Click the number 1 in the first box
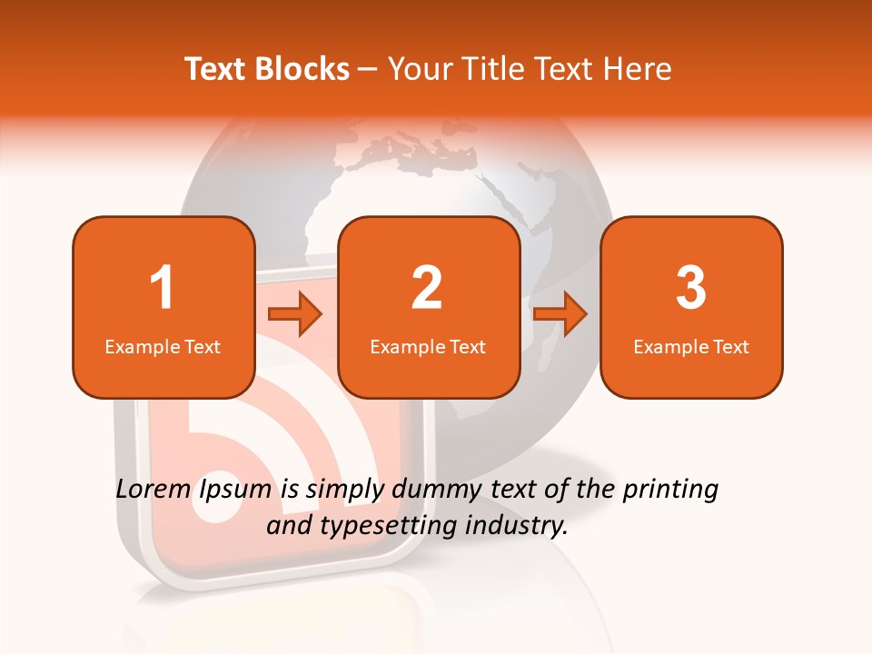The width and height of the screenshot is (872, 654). (162, 288)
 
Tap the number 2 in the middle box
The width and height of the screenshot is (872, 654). (427, 288)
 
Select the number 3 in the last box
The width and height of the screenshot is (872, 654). (691, 288)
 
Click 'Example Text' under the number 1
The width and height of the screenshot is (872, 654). (163, 347)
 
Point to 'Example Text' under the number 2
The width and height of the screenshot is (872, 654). (428, 347)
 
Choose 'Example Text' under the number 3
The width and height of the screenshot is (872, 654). (691, 347)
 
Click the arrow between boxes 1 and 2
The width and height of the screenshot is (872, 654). (296, 314)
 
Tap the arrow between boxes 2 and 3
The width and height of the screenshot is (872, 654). (560, 314)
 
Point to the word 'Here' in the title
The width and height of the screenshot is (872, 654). (640, 69)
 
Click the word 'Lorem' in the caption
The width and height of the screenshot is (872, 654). (152, 490)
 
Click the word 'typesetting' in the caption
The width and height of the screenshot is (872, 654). (379, 526)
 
